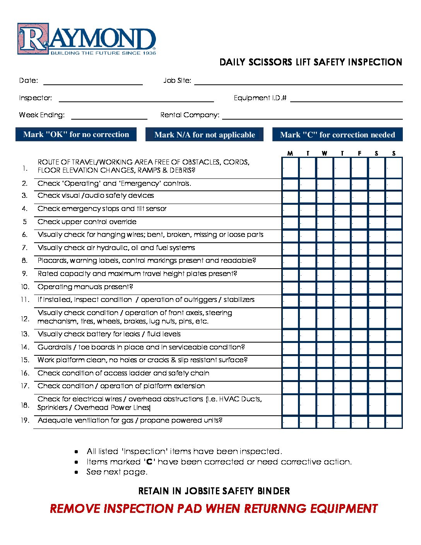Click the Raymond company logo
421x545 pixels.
(87, 39)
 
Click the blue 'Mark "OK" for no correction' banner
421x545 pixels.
(76, 135)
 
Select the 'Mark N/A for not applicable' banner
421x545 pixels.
(204, 135)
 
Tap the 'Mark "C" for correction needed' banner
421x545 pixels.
(337, 135)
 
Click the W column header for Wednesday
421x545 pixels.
(324, 154)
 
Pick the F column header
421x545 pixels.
(359, 154)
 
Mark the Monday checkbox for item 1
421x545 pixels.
(290, 168)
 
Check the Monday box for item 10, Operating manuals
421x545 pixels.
(290, 288)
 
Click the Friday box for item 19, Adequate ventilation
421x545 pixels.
(359, 422)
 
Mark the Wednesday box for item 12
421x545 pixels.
(325, 318)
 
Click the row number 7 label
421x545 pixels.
(25, 248)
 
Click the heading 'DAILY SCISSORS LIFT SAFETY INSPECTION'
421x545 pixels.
(311, 62)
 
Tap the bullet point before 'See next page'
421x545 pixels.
(77, 472)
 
